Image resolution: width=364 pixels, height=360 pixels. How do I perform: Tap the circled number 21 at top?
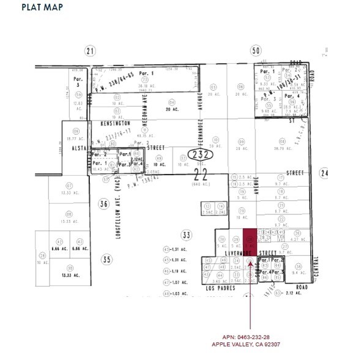(91, 51)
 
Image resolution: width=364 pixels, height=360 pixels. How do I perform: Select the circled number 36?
(104, 204)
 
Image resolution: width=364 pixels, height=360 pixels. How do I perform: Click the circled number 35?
(107, 260)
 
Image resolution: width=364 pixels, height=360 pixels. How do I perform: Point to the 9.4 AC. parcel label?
(299, 265)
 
